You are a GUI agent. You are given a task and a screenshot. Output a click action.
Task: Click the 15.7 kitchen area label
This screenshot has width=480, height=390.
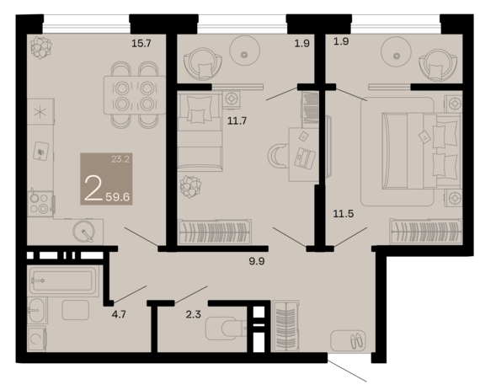[x=141, y=43]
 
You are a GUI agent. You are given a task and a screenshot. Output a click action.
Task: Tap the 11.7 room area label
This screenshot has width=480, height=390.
[x=237, y=121]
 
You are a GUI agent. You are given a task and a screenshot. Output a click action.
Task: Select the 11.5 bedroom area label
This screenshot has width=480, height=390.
[x=344, y=213]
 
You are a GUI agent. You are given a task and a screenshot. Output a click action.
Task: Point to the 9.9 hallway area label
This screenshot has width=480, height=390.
[x=257, y=261]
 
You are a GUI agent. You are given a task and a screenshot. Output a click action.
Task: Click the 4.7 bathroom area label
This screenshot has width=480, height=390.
[x=119, y=314]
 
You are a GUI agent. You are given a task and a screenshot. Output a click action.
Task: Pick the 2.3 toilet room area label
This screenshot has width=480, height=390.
[x=193, y=314]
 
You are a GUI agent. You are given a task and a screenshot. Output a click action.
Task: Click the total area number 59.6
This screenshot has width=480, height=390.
[x=118, y=197]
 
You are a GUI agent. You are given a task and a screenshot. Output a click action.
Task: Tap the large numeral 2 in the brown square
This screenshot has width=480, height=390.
[x=93, y=188]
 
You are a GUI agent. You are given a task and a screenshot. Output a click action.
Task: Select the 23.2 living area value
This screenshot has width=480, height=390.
[x=120, y=159]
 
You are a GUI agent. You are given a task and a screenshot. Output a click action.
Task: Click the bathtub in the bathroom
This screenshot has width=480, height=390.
[x=63, y=280]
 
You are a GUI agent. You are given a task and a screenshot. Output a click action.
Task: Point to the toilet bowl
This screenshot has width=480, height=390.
[x=226, y=329]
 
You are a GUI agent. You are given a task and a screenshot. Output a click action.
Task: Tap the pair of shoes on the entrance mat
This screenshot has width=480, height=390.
[x=357, y=340]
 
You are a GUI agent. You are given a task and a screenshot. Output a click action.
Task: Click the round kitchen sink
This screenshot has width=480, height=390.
[x=83, y=231]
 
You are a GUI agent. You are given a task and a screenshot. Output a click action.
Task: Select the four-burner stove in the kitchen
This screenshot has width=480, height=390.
[x=40, y=204]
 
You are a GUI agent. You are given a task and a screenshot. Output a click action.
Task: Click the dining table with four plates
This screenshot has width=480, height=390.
[x=135, y=95]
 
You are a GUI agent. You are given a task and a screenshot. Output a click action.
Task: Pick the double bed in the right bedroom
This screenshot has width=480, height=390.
[x=421, y=151]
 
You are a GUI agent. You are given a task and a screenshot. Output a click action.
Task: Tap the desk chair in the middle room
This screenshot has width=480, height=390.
[x=278, y=156]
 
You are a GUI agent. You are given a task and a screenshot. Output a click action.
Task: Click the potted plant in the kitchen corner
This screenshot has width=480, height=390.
[x=41, y=47]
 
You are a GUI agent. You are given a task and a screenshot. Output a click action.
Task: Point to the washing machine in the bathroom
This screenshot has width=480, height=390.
[x=37, y=339]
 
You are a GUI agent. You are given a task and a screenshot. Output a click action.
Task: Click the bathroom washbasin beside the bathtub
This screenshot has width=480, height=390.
[x=37, y=311]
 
